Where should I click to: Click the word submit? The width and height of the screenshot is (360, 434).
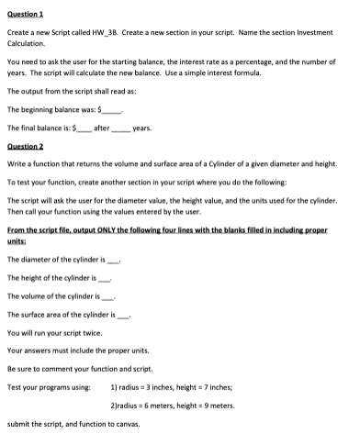17,425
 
